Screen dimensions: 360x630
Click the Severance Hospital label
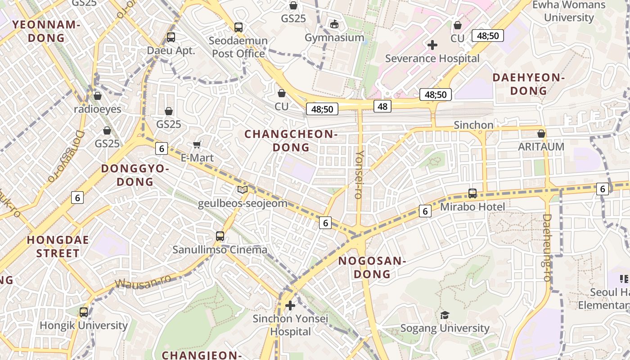point(432,58)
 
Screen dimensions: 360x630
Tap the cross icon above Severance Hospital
point(432,45)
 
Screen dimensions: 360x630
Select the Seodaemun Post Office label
point(238,47)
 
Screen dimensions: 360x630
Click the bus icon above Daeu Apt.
point(171,37)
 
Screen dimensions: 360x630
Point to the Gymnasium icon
point(334,24)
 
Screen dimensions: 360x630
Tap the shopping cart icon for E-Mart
point(197,144)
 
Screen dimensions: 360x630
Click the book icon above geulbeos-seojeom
point(243,189)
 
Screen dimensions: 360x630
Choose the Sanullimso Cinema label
point(220,250)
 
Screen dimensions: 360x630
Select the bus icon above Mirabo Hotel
point(472,193)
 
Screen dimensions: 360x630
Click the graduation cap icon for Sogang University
point(445,315)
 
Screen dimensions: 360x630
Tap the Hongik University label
point(84,325)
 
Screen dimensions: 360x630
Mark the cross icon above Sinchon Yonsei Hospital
point(290,306)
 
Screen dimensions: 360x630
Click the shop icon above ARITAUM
point(541,134)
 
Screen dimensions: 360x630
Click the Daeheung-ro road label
point(547,247)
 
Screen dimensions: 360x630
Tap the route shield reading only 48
point(382,106)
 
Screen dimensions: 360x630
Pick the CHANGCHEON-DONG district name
point(291,140)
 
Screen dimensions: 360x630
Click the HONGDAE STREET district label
point(58,246)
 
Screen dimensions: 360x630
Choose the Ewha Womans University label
point(569,11)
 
